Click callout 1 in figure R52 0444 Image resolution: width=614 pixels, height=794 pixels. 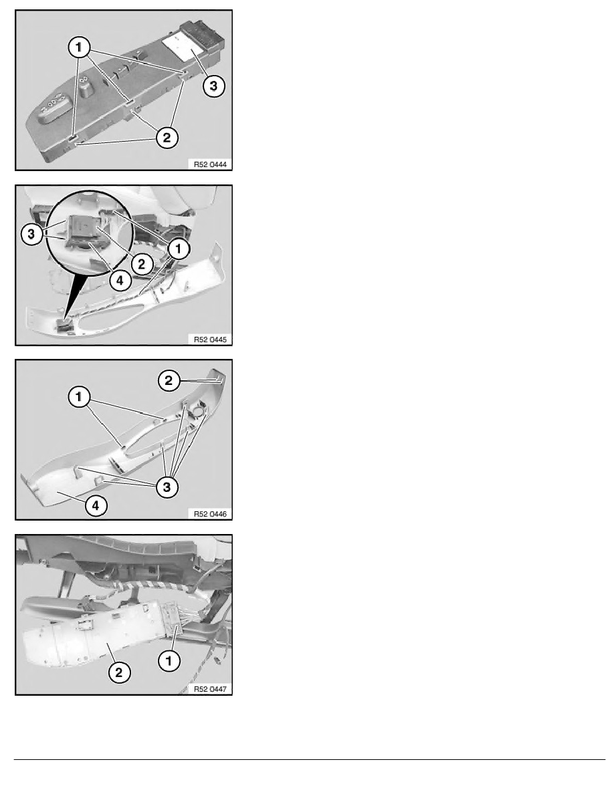(x=79, y=47)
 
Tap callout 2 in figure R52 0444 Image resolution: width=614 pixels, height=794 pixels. (x=167, y=137)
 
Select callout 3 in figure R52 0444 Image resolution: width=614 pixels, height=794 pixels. (x=213, y=86)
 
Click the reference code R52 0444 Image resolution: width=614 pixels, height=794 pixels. (x=210, y=164)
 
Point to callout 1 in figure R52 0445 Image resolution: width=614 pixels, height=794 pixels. (x=178, y=249)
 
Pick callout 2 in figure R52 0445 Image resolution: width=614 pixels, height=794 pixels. (x=141, y=264)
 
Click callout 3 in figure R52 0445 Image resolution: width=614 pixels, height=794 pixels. (x=32, y=235)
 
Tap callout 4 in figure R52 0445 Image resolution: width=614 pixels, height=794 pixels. (x=120, y=281)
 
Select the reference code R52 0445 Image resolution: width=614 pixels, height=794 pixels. (x=210, y=340)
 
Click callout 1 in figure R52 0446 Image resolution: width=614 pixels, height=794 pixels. (x=79, y=397)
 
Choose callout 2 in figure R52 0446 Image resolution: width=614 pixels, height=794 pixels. (x=169, y=380)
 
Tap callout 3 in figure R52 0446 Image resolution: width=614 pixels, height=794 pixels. (x=167, y=487)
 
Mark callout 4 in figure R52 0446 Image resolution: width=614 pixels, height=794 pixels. (x=96, y=505)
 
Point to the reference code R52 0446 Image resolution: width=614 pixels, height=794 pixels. (x=210, y=514)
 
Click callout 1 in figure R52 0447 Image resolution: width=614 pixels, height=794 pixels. (x=169, y=660)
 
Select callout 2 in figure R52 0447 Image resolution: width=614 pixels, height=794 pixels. (x=119, y=672)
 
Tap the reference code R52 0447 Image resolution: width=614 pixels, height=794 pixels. (x=210, y=689)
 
